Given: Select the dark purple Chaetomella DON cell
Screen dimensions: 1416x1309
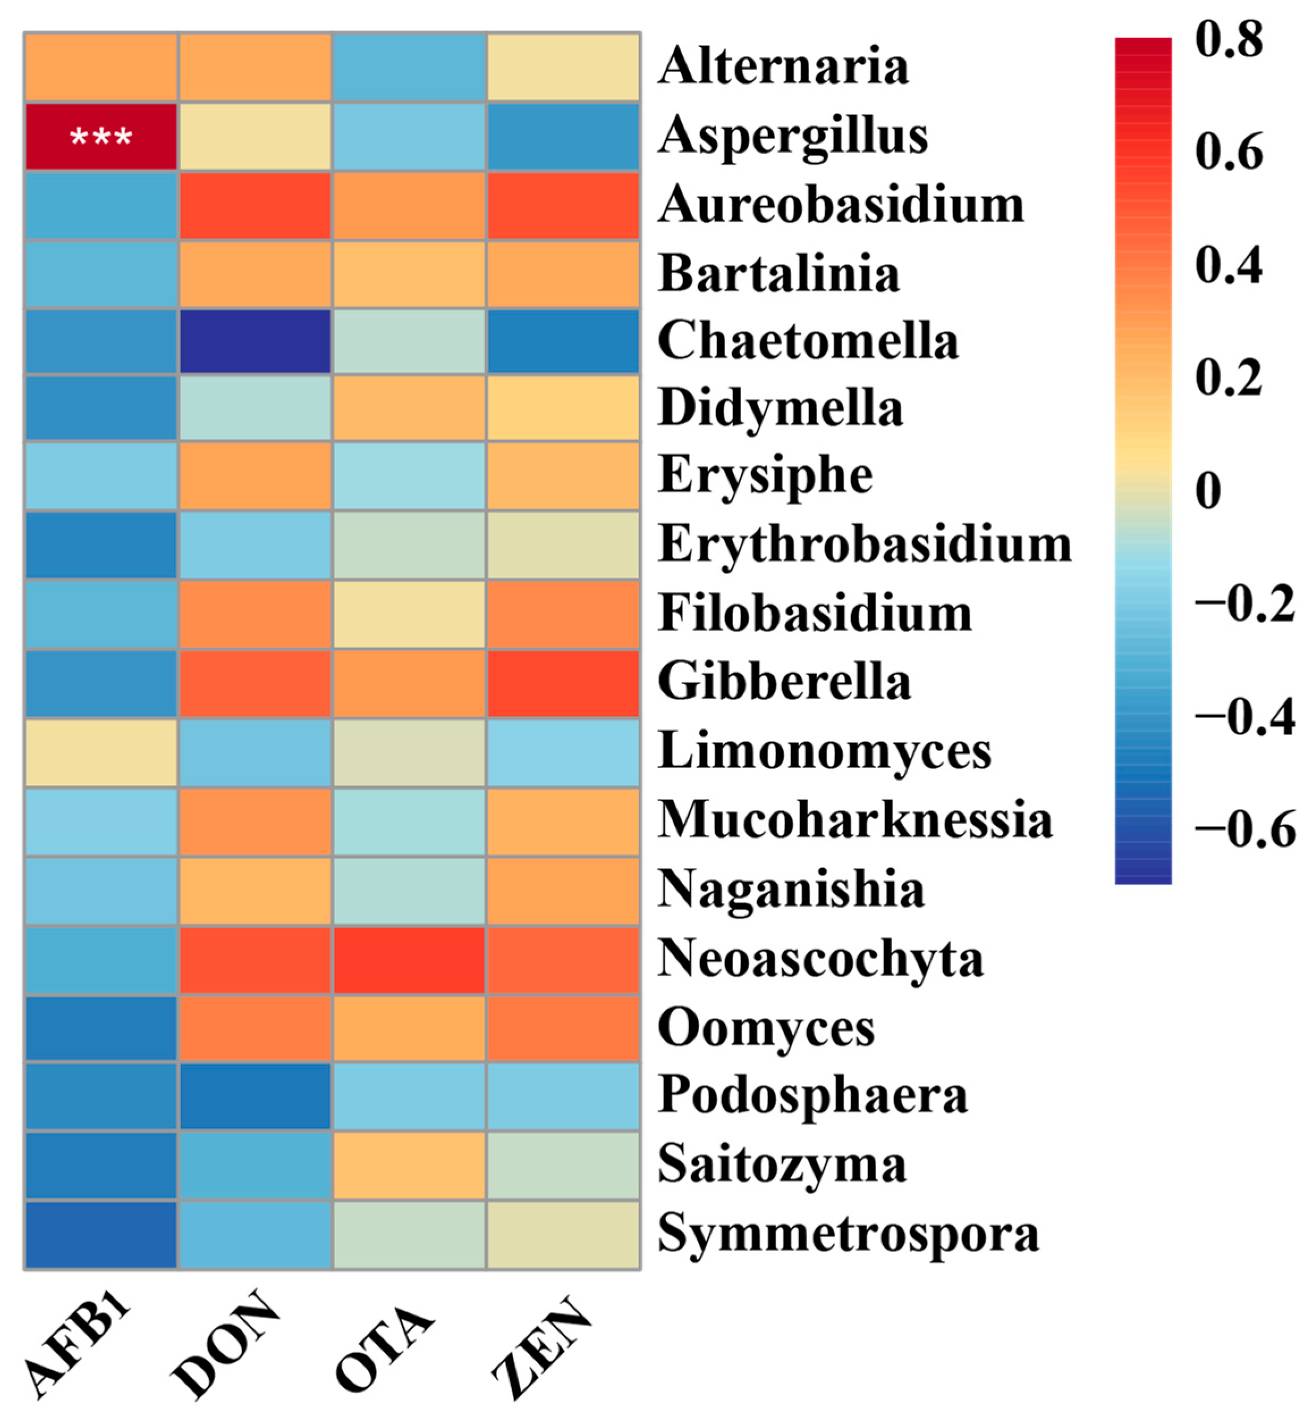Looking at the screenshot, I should [255, 341].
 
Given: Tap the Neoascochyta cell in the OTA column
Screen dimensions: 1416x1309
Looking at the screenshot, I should [409, 959].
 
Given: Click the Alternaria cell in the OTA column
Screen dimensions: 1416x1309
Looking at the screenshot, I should [409, 68].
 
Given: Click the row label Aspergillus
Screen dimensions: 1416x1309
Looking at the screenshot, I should [793, 136].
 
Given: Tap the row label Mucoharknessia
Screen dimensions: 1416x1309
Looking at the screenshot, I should [855, 820].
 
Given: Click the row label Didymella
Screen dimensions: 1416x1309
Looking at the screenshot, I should [780, 408].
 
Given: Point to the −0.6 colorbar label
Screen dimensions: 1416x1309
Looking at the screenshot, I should [1244, 828].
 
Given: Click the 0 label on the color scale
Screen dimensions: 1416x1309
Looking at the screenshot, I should [1209, 490].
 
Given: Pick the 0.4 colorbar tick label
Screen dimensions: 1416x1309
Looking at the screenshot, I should [1229, 265].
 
